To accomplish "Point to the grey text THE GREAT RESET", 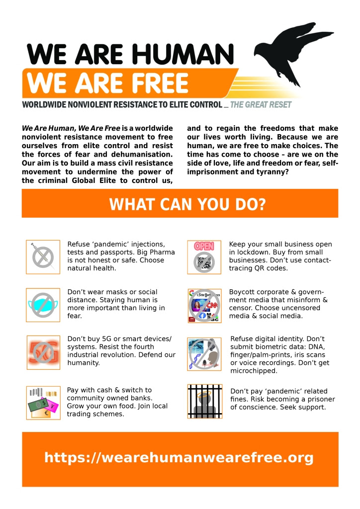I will tap(261, 105).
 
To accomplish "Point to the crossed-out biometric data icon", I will tap(204, 353).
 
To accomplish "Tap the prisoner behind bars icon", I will tap(204, 401).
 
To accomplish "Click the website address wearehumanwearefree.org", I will tap(179, 457).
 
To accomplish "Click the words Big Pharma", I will tap(156, 252).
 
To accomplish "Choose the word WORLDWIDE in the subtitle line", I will tap(48, 105).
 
